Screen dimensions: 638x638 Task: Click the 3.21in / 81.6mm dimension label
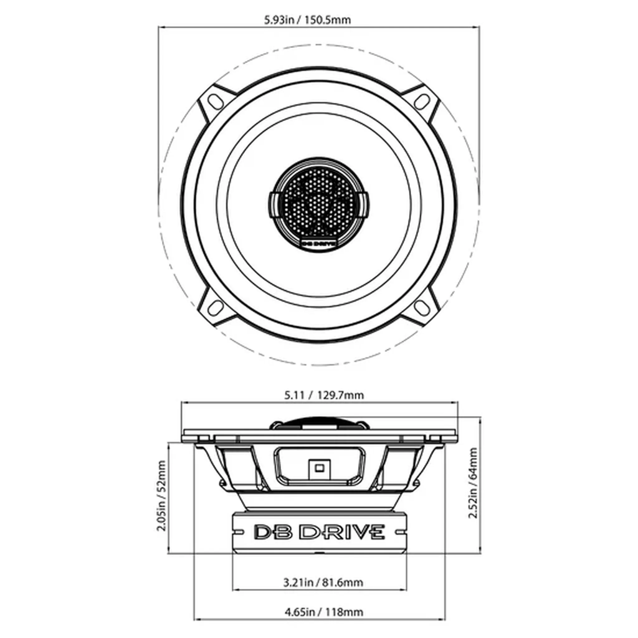tap(323, 583)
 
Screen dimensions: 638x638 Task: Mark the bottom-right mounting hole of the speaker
tap(422, 307)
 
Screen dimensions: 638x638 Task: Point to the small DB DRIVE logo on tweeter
tap(319, 244)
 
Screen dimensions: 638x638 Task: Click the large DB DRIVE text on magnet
tap(319, 531)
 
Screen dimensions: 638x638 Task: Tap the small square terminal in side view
tap(318, 466)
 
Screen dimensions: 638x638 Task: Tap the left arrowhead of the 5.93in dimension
tap(161, 27)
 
